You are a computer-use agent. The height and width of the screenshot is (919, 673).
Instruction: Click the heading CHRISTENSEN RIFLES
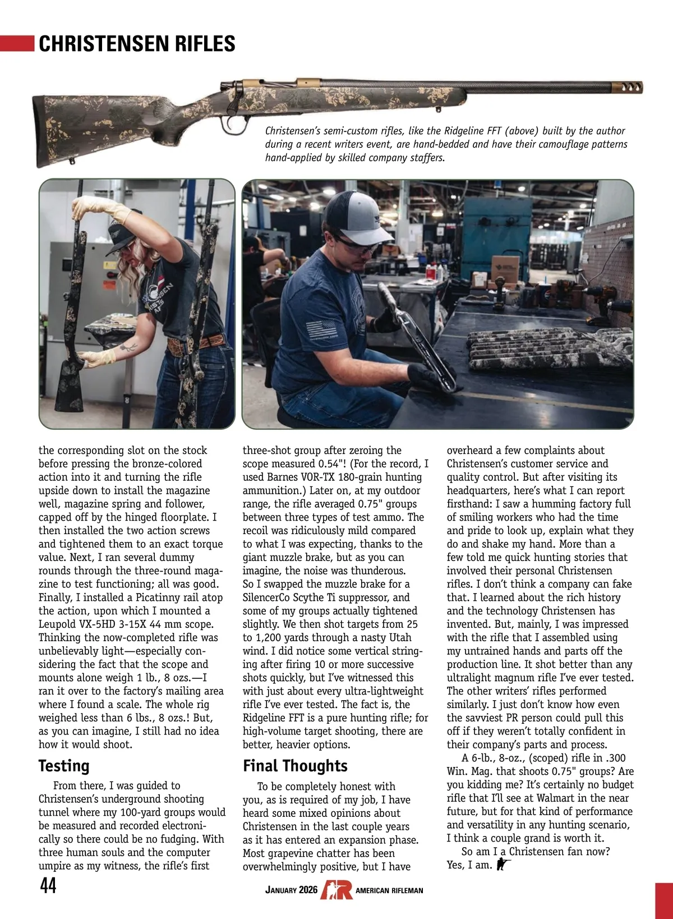click(137, 44)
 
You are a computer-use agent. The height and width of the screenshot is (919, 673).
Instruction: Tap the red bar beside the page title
click(17, 44)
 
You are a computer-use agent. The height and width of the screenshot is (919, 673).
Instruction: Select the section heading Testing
click(64, 766)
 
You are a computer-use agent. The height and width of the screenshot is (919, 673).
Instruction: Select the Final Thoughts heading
click(295, 766)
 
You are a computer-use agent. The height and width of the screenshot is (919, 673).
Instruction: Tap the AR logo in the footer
click(336, 890)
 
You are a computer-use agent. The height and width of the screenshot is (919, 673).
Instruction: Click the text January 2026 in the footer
click(291, 890)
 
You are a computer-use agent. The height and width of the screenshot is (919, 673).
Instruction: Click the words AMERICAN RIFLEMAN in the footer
click(389, 890)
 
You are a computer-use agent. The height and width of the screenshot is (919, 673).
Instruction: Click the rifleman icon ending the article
click(503, 865)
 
